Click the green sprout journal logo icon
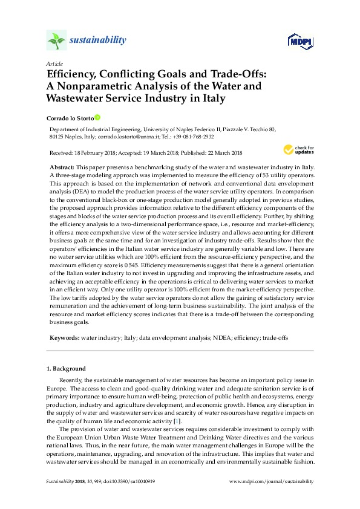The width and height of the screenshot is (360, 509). coord(56,41)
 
